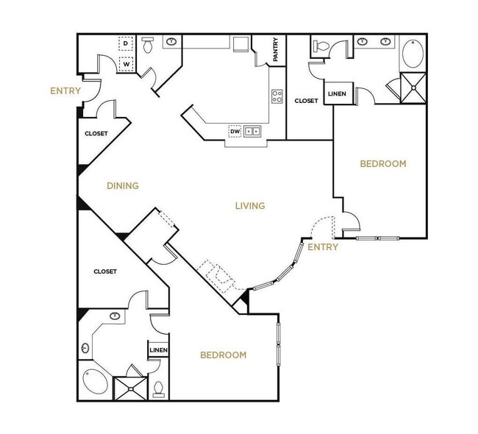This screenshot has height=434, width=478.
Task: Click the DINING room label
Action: pos(122,185)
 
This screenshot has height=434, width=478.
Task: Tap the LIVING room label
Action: pos(250,205)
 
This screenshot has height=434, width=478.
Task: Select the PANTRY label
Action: pos(275,50)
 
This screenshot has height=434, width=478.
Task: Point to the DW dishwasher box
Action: pos(235,132)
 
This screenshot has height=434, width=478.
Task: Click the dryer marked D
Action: pos(126,44)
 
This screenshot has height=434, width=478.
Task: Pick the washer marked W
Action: pos(126,63)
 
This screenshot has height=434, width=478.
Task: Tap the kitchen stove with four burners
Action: pos(277,96)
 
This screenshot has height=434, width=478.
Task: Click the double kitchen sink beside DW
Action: pos(252,132)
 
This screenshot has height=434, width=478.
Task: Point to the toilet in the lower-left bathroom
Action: pos(158,388)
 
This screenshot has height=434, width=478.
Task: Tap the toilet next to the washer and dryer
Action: pos(147,45)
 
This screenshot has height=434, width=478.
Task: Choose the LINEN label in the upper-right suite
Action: pos(337,94)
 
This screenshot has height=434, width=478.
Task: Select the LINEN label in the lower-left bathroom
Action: pos(158,350)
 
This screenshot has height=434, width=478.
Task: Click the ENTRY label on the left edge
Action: pos(65,91)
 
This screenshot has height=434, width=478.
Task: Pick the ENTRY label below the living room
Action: pos(323,247)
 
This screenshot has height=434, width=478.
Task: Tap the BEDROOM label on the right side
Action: pos(382,163)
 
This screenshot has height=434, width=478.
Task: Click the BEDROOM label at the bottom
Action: pos(223,355)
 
